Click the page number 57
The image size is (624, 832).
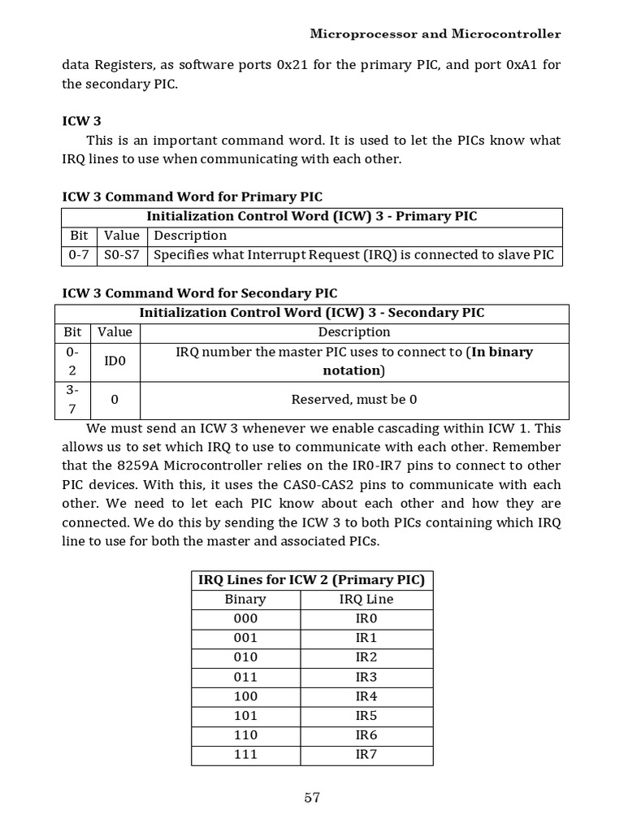pos(312,798)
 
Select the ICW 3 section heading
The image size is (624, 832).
pos(81,121)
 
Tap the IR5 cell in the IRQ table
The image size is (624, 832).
pos(366,716)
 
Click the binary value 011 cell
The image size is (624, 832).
pos(245,677)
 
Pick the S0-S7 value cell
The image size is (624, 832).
pos(122,255)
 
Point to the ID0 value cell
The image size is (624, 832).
pos(115,361)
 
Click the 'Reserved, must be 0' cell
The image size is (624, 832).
pos(354,400)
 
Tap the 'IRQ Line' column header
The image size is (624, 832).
pos(366,600)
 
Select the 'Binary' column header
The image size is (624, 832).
pos(245,600)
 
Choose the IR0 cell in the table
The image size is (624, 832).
pos(366,618)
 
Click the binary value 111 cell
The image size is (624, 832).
pos(245,755)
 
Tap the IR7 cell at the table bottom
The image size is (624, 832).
pos(366,755)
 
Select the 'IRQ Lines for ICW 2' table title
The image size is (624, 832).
pos(312,580)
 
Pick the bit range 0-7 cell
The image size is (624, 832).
pos(79,255)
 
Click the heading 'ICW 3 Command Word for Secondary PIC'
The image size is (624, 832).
pos(200,293)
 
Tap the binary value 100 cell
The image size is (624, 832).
pos(245,696)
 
